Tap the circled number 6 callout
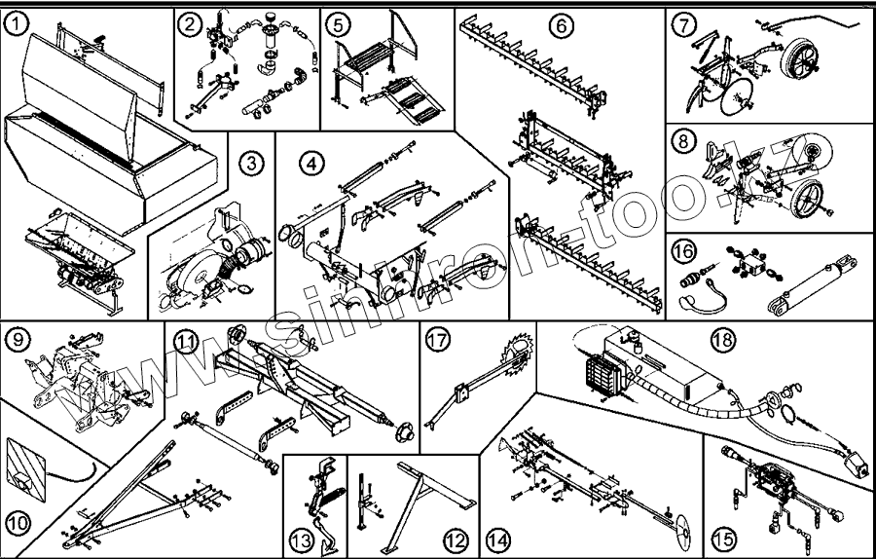[562, 25]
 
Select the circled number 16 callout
[685, 252]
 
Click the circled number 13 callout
[300, 538]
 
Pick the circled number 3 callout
[252, 164]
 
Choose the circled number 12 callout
[453, 538]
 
